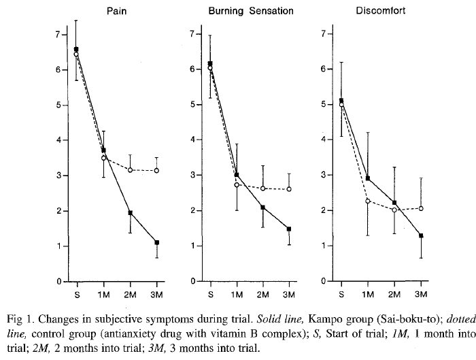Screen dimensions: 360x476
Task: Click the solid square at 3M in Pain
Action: [x=156, y=242]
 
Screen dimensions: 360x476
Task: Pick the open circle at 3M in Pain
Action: [x=156, y=170]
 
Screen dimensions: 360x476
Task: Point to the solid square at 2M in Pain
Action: [x=130, y=213]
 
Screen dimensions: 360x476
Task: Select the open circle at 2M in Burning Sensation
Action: [x=262, y=188]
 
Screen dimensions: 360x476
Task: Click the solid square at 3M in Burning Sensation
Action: [x=289, y=229]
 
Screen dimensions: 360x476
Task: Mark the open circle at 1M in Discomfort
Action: [x=367, y=201]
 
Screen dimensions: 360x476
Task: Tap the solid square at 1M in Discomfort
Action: [x=367, y=178]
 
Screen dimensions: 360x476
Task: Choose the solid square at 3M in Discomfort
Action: [x=421, y=235]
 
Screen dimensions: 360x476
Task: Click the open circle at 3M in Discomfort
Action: [x=421, y=208]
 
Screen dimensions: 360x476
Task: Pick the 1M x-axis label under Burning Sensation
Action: [x=235, y=294]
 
